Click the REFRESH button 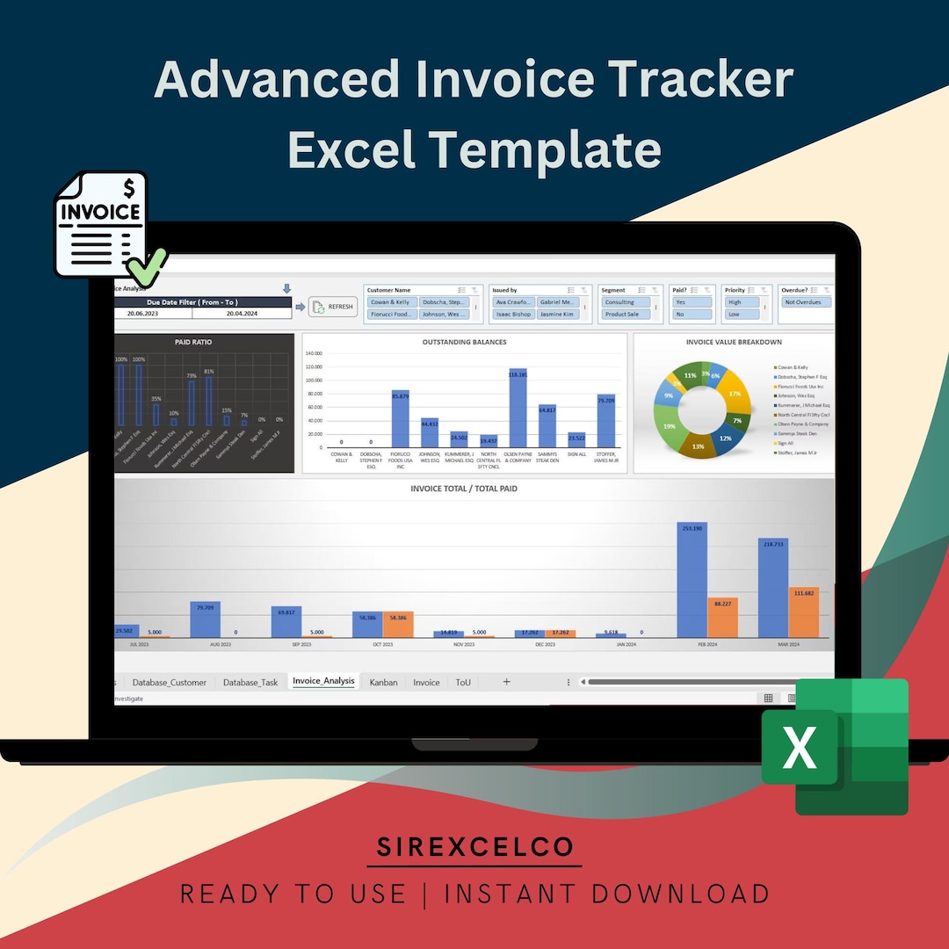pos(333,307)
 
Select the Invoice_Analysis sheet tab pos(323,681)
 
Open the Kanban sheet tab pos(383,682)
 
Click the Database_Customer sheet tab pos(170,682)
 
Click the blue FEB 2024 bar pos(692,580)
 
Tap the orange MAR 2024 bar pos(803,612)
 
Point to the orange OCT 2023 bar pos(398,625)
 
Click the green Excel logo pos(834,746)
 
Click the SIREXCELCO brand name pos(474,847)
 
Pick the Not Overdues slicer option pos(806,302)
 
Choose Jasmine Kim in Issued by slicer pos(558,314)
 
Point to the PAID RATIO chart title pos(193,342)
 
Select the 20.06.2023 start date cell pos(154,313)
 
